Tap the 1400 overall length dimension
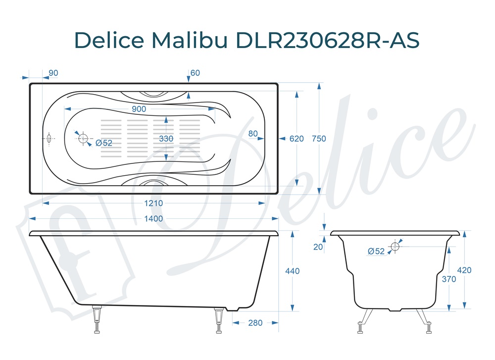point(153,218)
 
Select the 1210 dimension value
point(153,203)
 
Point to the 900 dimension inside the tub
point(139,109)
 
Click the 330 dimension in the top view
point(166,139)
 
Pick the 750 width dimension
point(319,139)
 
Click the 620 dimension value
point(297,139)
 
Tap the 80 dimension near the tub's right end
point(253,133)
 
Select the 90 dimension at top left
point(53,73)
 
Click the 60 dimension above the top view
point(195,73)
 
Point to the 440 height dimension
point(293,271)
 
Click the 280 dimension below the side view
point(255,323)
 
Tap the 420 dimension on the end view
point(464,270)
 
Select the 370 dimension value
point(448,279)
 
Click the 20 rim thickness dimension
point(318,247)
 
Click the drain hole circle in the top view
point(83,139)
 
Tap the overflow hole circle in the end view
point(395,246)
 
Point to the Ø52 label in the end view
point(376,252)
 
